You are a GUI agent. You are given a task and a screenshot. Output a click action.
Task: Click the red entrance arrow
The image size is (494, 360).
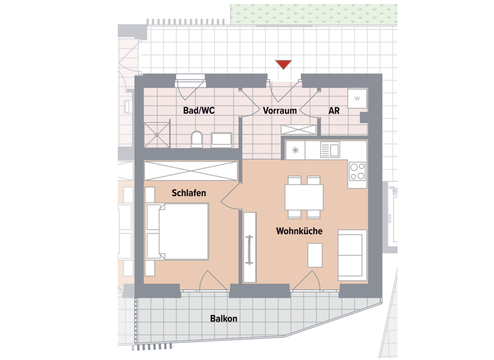coord(283,64)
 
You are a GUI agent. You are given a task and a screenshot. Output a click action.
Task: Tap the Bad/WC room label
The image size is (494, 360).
coord(198,111)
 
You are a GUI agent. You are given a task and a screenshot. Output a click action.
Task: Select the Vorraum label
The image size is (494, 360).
coord(280,111)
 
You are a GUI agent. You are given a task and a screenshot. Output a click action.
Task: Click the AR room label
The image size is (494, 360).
coord(334,111)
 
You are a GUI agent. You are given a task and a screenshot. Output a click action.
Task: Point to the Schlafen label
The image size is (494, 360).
coord(188,193)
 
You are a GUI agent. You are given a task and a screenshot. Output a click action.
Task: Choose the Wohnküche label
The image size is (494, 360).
coord(299,231)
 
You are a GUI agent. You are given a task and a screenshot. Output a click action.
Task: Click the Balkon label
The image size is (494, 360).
coord(223,319)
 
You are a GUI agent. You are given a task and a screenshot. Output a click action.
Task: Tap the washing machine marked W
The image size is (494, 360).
coord(356,99)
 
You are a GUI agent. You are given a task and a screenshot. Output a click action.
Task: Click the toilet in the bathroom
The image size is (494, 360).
coord(197,139)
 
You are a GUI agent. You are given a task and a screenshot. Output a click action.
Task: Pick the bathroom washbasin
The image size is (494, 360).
coord(223,139)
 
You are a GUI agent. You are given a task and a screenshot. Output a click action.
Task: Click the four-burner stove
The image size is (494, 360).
coord(357,171)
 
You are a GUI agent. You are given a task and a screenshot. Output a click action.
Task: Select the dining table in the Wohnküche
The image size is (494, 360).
coord(305,196)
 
